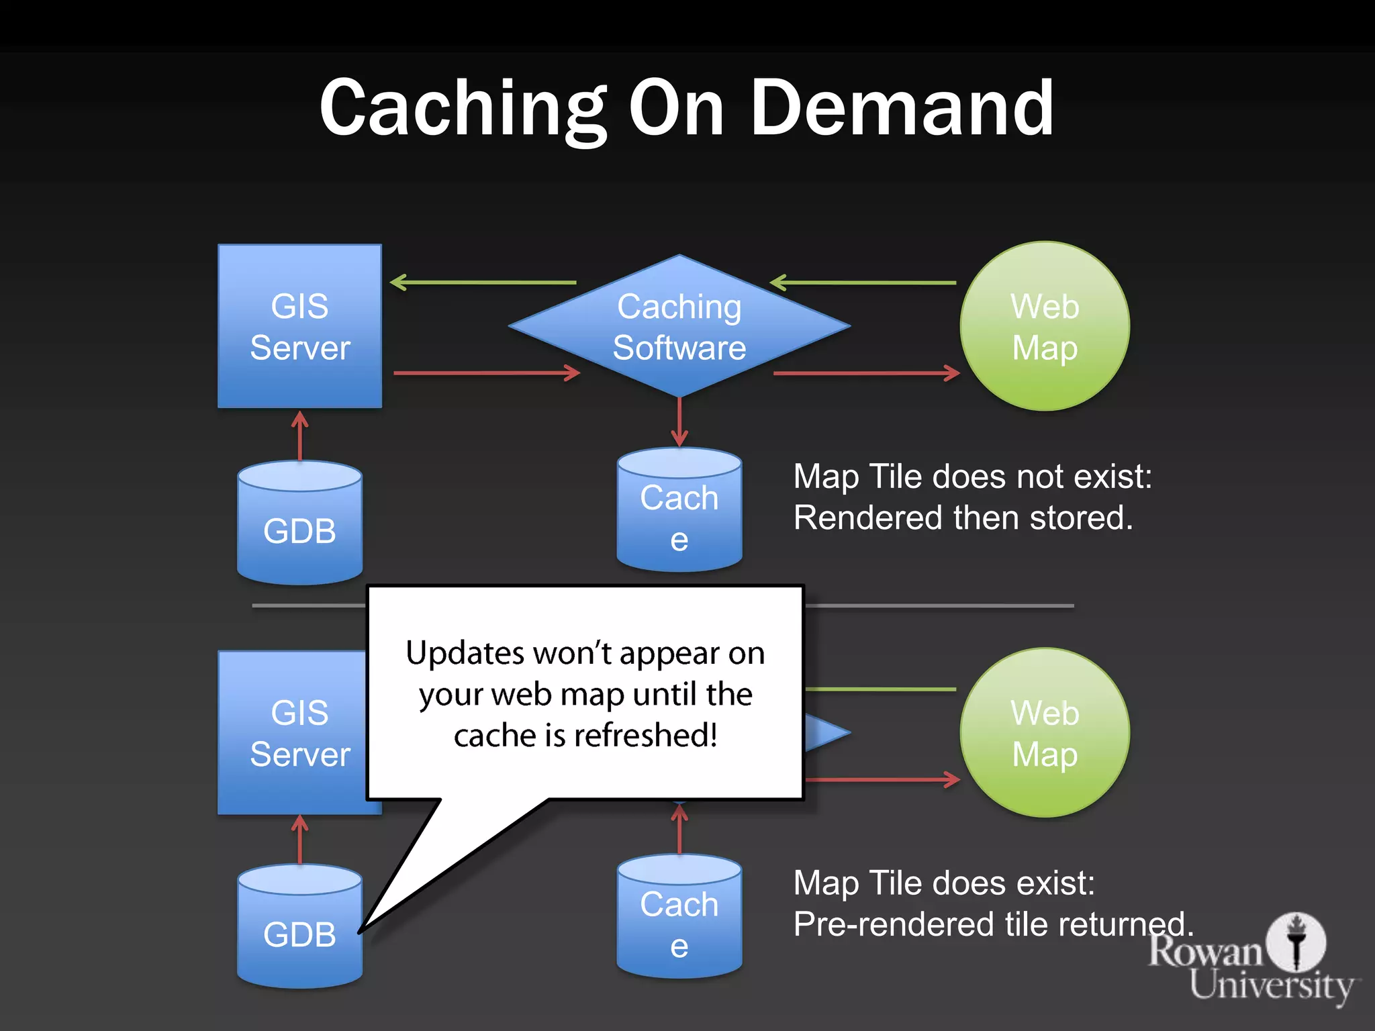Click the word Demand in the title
[x=901, y=107]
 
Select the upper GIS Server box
[x=299, y=326]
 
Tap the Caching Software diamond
[x=679, y=326]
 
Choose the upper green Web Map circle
[x=1045, y=326]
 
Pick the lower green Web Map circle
[x=1045, y=732]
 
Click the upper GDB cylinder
[x=299, y=524]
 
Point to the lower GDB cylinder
[x=299, y=928]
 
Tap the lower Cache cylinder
[x=679, y=918]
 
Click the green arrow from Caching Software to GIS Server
[x=483, y=283]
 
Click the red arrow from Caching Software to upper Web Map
[x=866, y=373]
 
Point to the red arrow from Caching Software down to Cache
[x=679, y=422]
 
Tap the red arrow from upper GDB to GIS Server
[x=300, y=436]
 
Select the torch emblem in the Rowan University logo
[x=1296, y=941]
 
